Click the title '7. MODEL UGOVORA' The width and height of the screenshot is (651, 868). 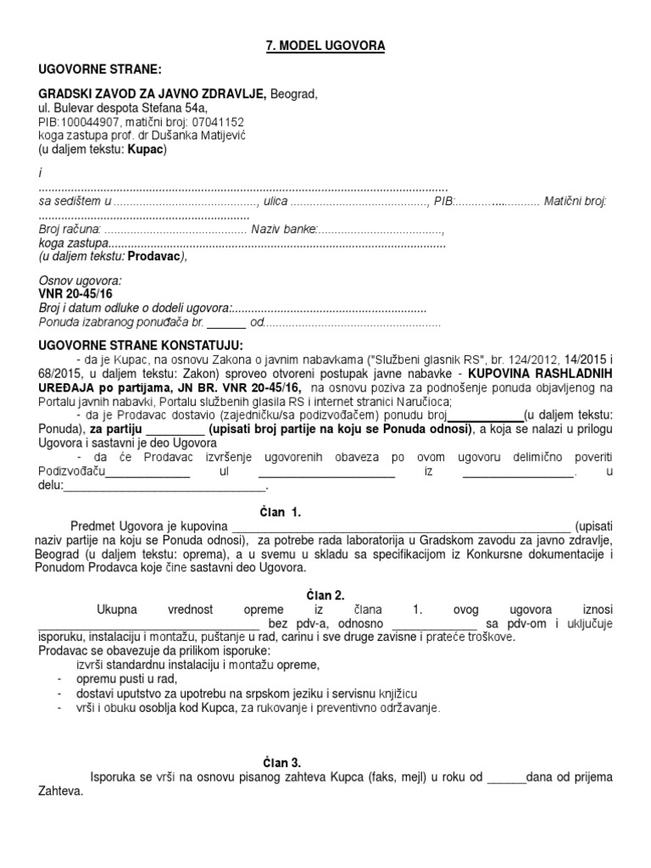[325, 46]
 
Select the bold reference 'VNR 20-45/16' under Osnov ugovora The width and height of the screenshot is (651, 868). [76, 292]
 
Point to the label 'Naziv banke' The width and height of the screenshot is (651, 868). [289, 230]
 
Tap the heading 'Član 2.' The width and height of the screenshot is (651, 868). [325, 596]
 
